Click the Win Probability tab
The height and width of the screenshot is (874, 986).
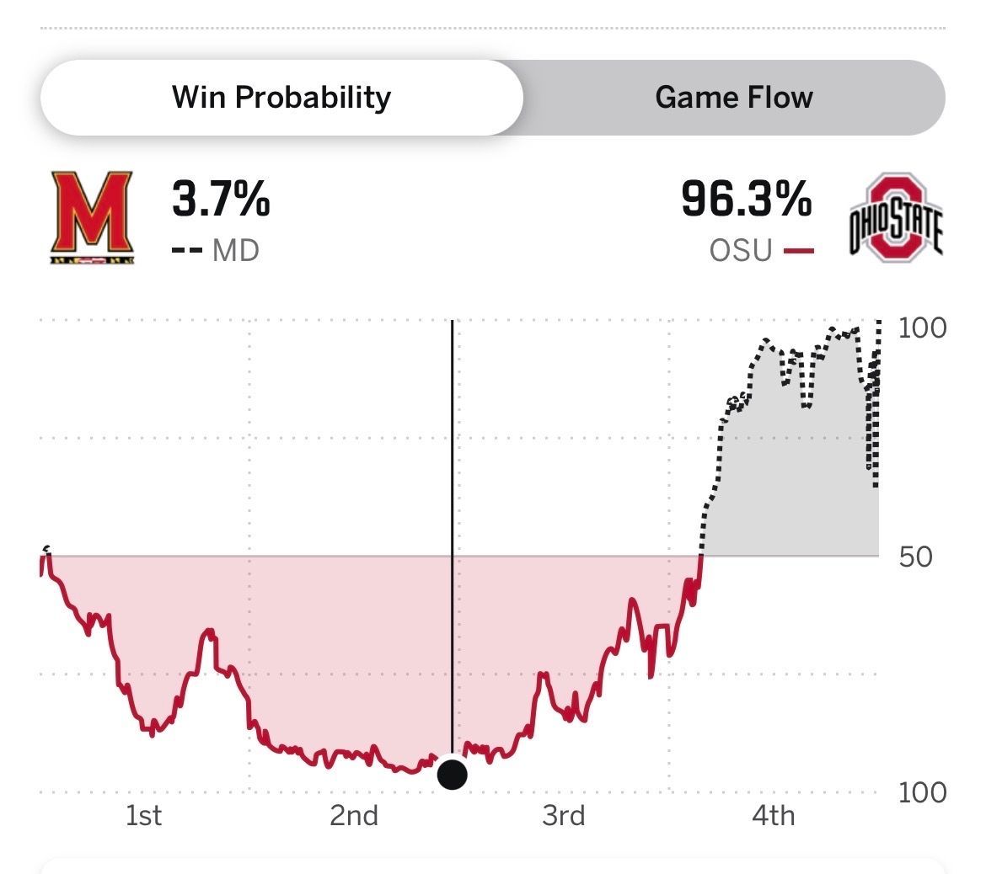click(281, 98)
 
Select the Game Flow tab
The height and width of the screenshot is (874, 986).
click(733, 98)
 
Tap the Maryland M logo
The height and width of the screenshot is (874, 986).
click(91, 217)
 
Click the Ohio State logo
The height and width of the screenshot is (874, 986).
click(895, 217)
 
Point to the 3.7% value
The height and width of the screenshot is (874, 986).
click(221, 200)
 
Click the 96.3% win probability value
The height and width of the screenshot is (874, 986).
click(746, 200)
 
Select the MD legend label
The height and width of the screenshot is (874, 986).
click(235, 250)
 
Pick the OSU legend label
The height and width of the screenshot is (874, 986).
click(741, 250)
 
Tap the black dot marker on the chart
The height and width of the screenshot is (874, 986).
click(453, 774)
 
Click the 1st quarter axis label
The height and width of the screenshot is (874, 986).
click(143, 815)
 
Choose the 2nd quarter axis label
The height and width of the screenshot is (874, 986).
click(354, 815)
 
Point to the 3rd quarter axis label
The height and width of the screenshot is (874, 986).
click(564, 815)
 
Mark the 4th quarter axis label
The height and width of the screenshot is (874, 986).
click(773, 815)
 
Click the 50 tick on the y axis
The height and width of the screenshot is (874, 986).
click(915, 557)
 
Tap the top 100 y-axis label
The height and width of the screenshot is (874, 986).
click(922, 328)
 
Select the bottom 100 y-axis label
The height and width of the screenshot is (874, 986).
click(922, 792)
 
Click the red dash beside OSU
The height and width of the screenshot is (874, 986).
click(798, 250)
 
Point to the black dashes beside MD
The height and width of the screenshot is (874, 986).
click(185, 250)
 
